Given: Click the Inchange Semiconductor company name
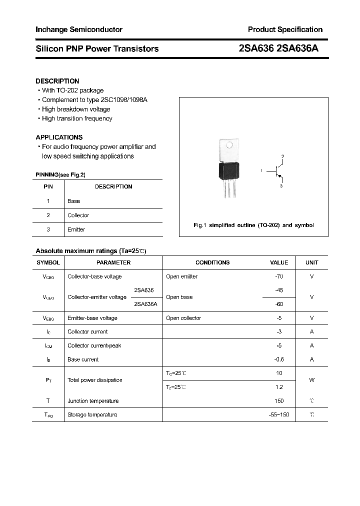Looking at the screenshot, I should point(78,29).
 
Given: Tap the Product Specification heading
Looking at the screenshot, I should point(285,29).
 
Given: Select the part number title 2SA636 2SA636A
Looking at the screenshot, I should point(279,48).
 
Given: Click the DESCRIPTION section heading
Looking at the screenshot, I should point(57,81).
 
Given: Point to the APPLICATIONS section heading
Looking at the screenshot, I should point(59,137).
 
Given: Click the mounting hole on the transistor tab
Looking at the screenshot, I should point(229,146).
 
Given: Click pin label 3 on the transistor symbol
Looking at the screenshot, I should point(281,186).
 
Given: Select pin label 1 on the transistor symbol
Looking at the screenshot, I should point(261,171).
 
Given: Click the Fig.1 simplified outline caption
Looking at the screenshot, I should point(253,225).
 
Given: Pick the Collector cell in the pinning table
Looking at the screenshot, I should point(78,215).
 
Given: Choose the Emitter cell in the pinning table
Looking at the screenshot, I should point(76,229).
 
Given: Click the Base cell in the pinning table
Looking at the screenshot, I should point(73,201).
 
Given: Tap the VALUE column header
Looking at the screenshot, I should point(279,262).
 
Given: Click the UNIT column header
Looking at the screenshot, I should point(311,262).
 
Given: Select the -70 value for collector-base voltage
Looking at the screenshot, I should point(279,276).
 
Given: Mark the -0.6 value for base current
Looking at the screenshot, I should point(279,359).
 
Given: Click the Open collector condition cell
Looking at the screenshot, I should point(183,318).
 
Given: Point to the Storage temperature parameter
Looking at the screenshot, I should point(92,415).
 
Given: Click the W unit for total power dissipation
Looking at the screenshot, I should point(311,380).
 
